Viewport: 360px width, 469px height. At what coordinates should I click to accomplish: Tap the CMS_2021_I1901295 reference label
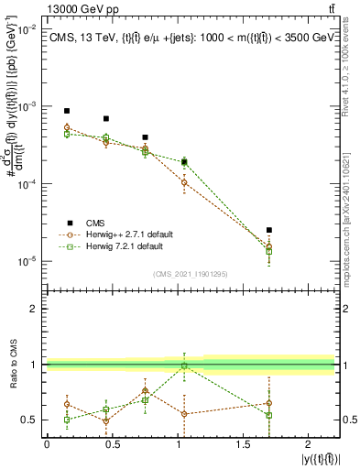tap(191, 274)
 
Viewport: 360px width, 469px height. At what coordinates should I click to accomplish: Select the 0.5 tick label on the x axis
tap(112, 443)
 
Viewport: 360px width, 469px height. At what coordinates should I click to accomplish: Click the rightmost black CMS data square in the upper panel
tap(268, 230)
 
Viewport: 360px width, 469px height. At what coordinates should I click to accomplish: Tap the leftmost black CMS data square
tap(67, 111)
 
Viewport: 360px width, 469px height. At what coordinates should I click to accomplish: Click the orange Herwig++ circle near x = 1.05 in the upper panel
tap(184, 182)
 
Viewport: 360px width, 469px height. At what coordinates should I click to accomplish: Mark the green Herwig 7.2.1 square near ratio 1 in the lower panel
tap(184, 366)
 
